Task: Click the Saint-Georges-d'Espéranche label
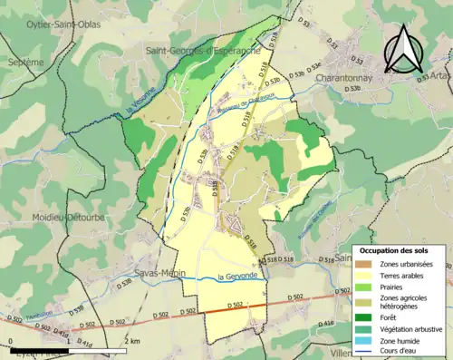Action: click(203, 52)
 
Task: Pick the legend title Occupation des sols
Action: click(396, 250)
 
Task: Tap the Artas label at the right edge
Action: click(441, 79)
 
